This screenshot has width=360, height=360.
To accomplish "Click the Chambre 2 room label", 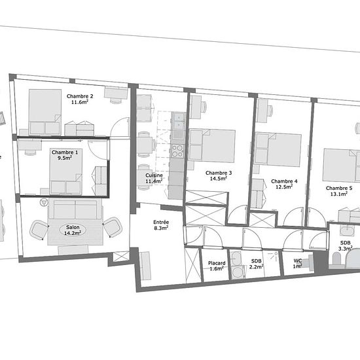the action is coord(80,96).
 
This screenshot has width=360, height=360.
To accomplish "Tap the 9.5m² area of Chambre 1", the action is coord(65,158).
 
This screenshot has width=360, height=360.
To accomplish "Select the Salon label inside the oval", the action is coord(73,227).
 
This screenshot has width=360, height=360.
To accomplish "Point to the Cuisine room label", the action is coord(154,175).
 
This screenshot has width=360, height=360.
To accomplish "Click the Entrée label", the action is coord(161,222).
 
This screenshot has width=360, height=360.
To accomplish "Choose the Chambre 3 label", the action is coord(219,173).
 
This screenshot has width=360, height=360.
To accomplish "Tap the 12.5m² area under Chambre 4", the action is coord(284,187).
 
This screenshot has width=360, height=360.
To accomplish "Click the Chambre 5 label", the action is coord(339,189).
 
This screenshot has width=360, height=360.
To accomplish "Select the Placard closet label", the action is coord(217,263).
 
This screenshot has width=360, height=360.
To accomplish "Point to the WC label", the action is coord(298,261).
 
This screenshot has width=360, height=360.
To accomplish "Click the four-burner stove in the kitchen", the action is coord(177,151).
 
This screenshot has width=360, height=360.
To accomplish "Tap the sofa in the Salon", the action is coord(75,209).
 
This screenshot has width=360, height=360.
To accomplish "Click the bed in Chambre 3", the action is coord(212,145).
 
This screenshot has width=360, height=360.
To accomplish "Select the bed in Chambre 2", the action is coord(45,113).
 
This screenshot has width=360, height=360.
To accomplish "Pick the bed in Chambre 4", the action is coord(278,149).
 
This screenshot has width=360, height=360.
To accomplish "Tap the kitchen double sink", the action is coord(178,121).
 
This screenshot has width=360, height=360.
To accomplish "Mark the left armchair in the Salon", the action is coord(39,230).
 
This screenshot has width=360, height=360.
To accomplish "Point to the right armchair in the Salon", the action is coord(113,227).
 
